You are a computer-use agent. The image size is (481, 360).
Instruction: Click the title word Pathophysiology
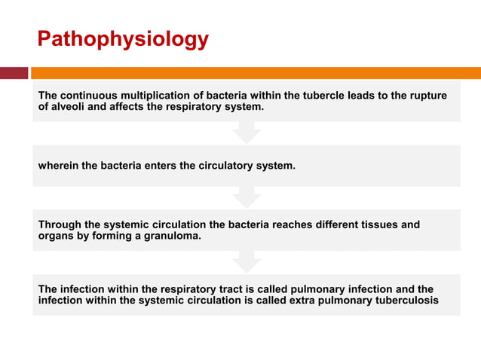coord(123,39)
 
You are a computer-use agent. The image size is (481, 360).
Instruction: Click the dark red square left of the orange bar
coord(14,73)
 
